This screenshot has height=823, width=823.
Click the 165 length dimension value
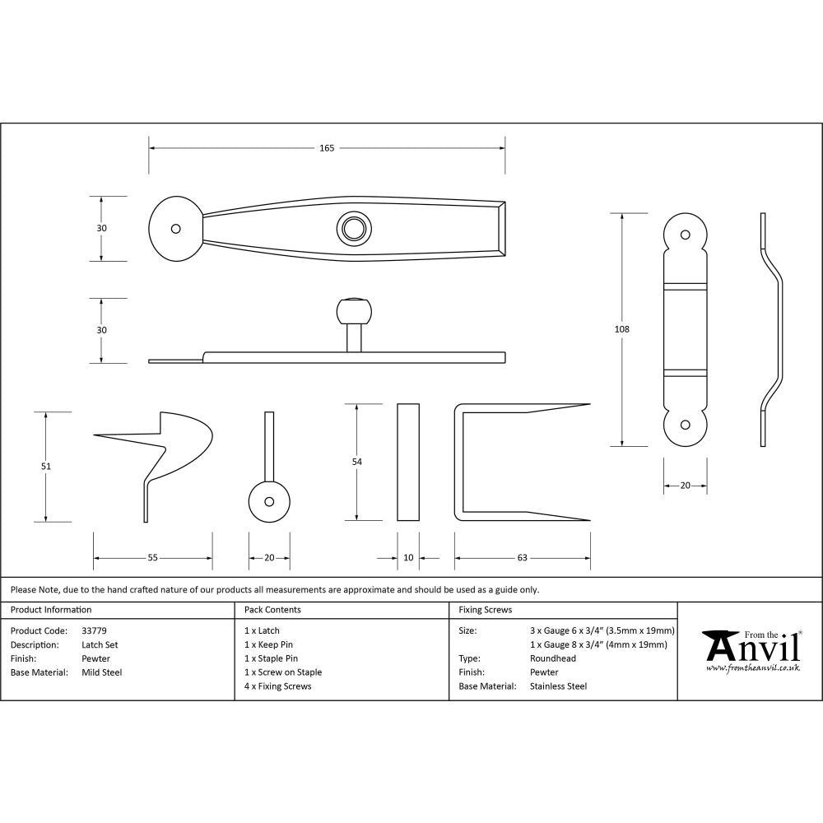click(x=327, y=148)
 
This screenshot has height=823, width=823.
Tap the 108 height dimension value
click(x=621, y=329)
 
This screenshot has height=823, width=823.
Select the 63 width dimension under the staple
click(x=522, y=558)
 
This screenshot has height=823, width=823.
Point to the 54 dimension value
click(x=356, y=463)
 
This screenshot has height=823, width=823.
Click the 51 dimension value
click(x=46, y=467)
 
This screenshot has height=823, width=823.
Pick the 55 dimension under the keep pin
click(x=152, y=558)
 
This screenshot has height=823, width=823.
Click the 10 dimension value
click(x=408, y=558)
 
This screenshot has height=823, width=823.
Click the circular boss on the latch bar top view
click(x=355, y=228)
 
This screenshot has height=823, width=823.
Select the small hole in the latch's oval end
click(x=174, y=229)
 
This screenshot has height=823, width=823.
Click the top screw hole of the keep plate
click(x=685, y=234)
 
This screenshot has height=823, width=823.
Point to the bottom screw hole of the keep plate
click(x=685, y=425)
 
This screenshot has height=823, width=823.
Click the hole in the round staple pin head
click(x=269, y=501)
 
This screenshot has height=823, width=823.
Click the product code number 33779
click(x=94, y=630)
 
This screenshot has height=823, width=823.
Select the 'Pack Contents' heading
click(x=272, y=610)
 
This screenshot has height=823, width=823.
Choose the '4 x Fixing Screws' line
click(x=278, y=686)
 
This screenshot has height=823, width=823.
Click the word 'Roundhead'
click(x=553, y=658)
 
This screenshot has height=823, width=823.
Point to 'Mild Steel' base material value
click(x=102, y=672)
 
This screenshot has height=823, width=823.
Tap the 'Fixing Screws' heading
click(x=486, y=610)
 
